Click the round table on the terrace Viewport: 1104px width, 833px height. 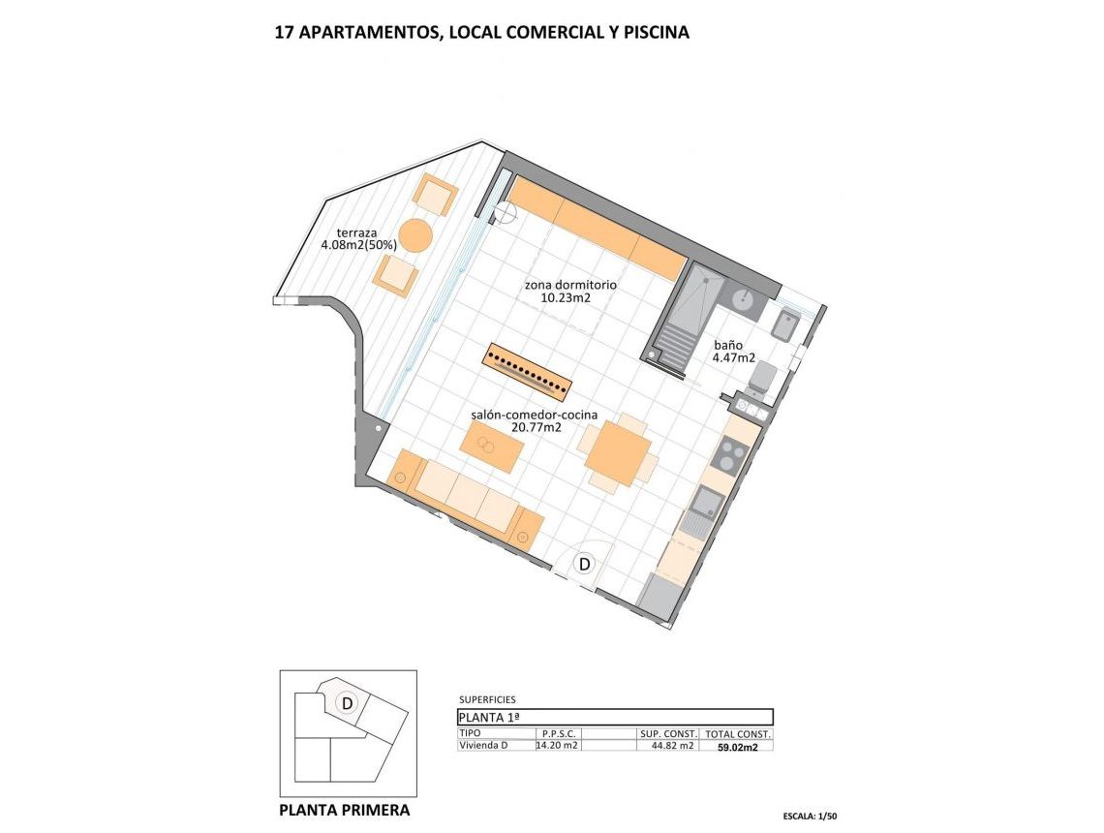point(414,235)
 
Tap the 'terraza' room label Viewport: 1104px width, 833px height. point(357,232)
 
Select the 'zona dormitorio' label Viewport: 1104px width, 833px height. point(570,286)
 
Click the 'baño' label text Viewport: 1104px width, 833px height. point(728,344)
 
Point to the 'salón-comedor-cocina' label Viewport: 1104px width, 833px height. point(534,415)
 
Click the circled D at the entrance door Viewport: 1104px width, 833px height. point(585,563)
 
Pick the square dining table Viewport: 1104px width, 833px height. point(617,453)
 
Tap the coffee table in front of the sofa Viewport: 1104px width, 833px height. point(491,447)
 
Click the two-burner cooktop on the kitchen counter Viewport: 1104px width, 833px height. point(729,453)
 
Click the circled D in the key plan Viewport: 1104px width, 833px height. point(346,702)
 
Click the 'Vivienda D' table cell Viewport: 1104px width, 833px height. point(483,745)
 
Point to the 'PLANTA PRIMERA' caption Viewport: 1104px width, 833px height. point(344,810)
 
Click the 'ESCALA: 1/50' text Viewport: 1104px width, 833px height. point(810,817)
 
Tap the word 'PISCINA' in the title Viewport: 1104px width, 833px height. point(657,32)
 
